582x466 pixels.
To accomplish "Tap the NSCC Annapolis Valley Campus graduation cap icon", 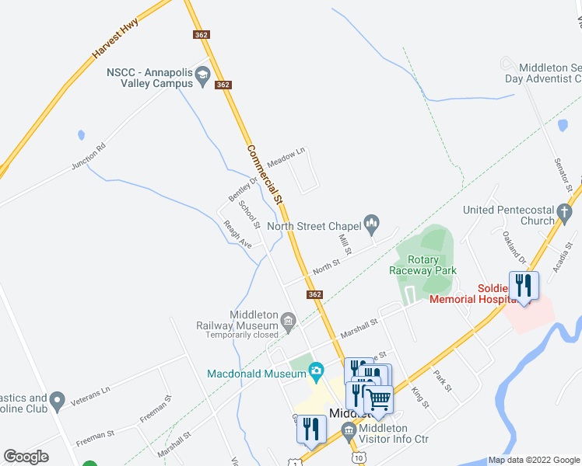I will (x=203, y=74).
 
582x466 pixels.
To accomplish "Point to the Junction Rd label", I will (x=87, y=156).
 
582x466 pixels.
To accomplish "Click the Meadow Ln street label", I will (x=286, y=158).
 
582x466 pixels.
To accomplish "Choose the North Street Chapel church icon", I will (x=372, y=226).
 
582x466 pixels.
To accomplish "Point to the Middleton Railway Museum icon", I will (x=289, y=321).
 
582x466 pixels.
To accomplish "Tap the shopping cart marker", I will (x=379, y=399).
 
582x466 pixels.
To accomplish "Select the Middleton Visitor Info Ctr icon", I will (x=349, y=429).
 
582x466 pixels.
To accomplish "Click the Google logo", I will (x=26, y=456).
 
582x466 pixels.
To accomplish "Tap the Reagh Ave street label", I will (x=237, y=234).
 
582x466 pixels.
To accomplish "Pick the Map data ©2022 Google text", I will (x=534, y=460).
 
